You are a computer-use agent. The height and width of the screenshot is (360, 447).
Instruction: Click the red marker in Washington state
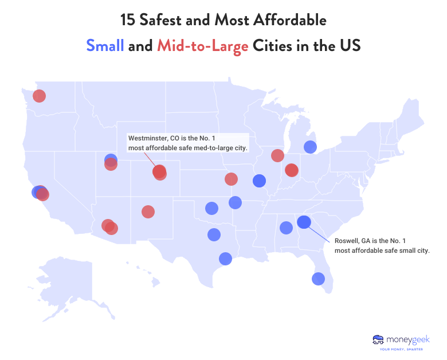point(39,96)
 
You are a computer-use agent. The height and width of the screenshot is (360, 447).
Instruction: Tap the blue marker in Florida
point(318,279)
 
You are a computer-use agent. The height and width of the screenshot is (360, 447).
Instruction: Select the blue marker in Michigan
point(310,147)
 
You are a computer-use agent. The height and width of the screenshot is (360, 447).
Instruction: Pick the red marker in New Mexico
point(148,212)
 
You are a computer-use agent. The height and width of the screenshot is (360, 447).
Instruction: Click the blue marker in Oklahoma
point(211,208)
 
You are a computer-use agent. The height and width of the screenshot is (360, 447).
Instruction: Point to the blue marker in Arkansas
point(235,202)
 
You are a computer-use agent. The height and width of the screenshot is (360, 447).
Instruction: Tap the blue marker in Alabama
point(286,228)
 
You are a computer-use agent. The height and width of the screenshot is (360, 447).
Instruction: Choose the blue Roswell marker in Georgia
point(304,222)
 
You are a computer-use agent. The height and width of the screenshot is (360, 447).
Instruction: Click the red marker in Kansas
point(231,179)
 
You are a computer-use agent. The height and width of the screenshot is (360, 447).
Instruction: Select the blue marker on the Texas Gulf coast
point(225,259)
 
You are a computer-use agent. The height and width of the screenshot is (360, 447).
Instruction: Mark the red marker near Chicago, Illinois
point(277,155)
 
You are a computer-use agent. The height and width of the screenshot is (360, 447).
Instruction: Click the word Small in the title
point(105,46)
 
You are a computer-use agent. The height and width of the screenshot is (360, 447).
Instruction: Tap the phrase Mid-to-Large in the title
point(202,46)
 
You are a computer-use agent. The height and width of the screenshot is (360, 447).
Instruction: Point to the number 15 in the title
point(128,21)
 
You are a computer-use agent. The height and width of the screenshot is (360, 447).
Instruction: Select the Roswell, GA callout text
point(382,246)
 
